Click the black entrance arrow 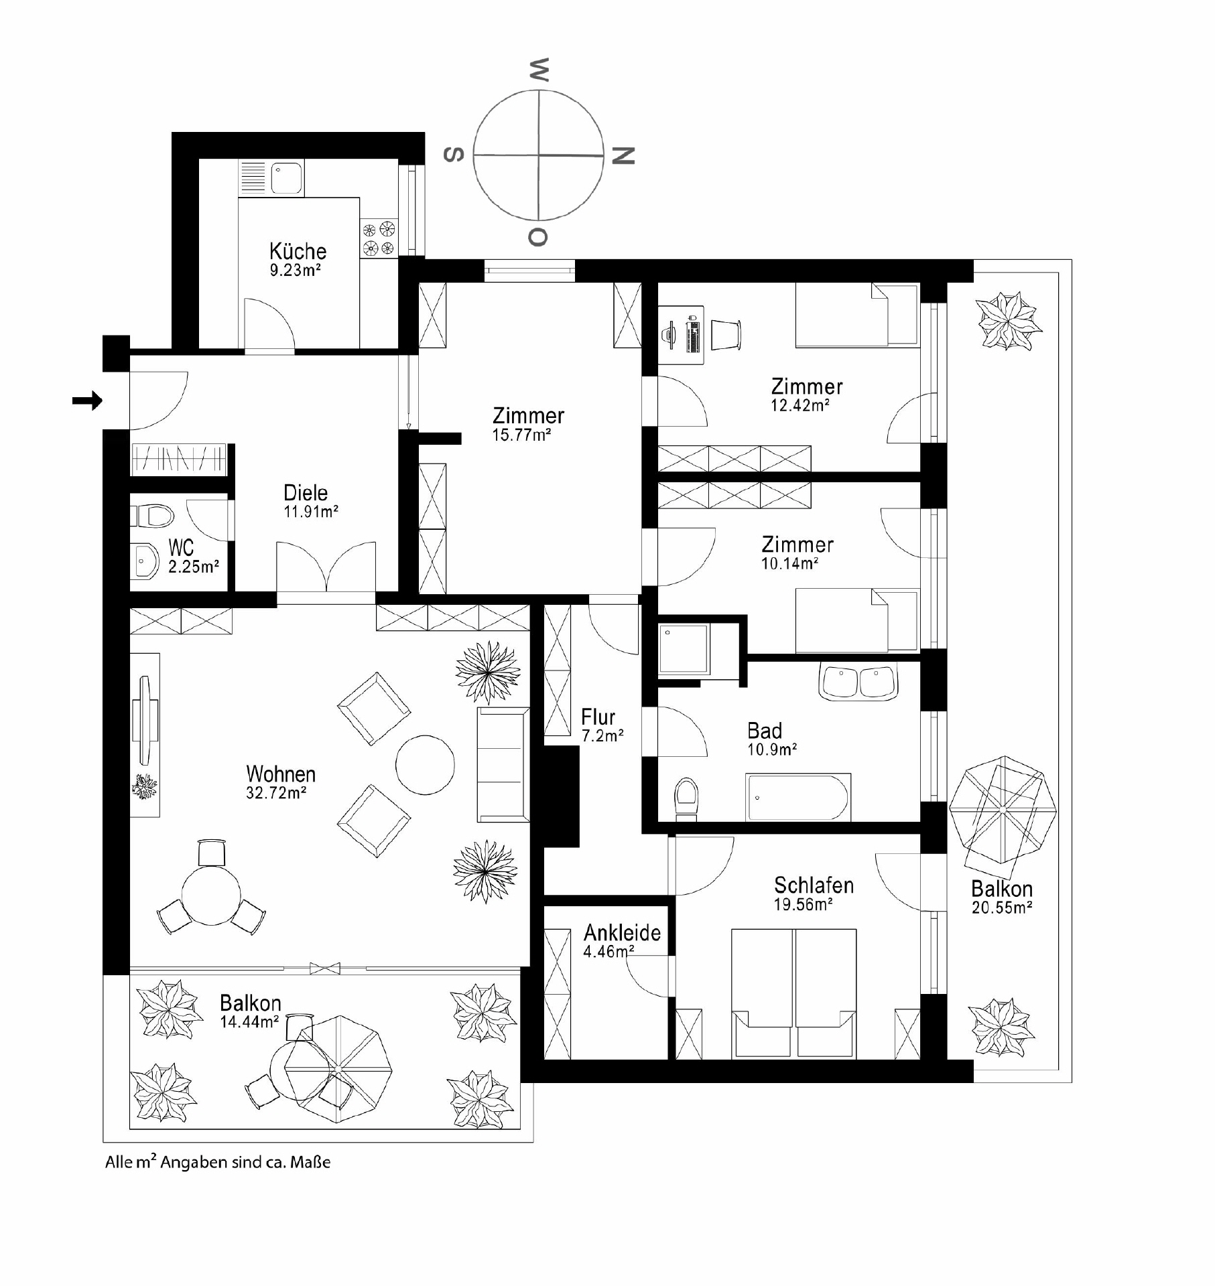[x=87, y=401]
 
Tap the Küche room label [x=298, y=251]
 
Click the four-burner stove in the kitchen [x=379, y=239]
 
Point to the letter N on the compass [x=623, y=155]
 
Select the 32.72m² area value [x=276, y=793]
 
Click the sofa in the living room [x=503, y=764]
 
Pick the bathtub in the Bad [x=797, y=797]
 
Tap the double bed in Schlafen [x=793, y=993]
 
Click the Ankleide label [x=622, y=932]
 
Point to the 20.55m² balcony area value [x=1001, y=908]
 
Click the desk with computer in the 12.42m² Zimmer [x=681, y=335]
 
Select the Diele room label [x=306, y=493]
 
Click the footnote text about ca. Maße [x=218, y=1162]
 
